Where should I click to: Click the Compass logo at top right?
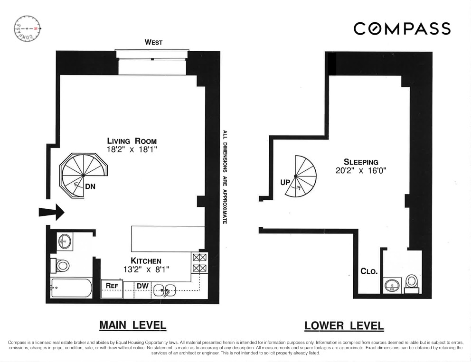[x=402, y=28]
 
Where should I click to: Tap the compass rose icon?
[x=28, y=29]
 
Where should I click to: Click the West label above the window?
[x=153, y=42]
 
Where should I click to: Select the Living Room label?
[x=132, y=141]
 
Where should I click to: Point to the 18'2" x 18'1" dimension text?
[x=132, y=149]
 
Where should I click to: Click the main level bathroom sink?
[x=64, y=241]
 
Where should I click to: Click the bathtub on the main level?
[x=71, y=288]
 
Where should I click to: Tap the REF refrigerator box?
[x=112, y=286]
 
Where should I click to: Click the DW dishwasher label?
[x=142, y=286]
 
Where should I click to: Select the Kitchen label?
[x=146, y=260]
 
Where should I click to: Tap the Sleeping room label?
[x=361, y=162]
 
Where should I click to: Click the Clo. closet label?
[x=369, y=271]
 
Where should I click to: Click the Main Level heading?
[x=132, y=325]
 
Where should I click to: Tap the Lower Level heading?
[x=344, y=326]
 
